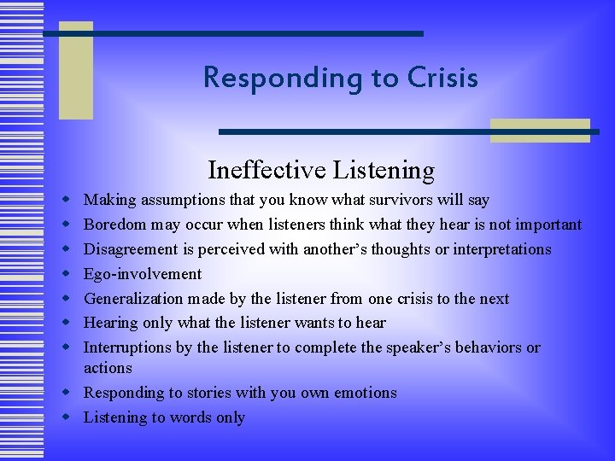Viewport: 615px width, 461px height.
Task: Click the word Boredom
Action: pyautogui.click(x=114, y=225)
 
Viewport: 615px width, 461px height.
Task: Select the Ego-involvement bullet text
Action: pyautogui.click(x=142, y=274)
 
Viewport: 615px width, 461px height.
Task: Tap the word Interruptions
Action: pyautogui.click(x=126, y=348)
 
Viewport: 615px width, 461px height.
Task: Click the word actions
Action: pyautogui.click(x=108, y=368)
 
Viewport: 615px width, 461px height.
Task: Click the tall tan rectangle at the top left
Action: pyautogui.click(x=75, y=71)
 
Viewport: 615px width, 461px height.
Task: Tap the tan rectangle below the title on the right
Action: pyautogui.click(x=540, y=130)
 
